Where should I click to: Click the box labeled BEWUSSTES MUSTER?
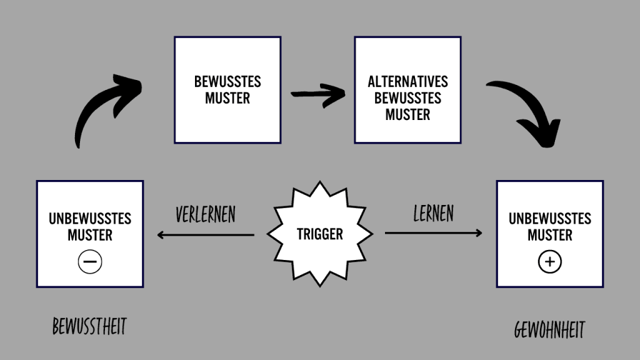click(x=227, y=89)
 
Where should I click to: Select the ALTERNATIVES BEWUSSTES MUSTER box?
click(x=407, y=89)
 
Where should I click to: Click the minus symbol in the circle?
click(x=90, y=263)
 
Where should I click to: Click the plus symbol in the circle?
click(x=550, y=263)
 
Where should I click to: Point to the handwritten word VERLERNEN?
click(x=206, y=214)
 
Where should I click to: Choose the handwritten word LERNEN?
click(x=433, y=213)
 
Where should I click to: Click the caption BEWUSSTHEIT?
click(x=89, y=326)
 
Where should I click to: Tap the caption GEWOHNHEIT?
click(x=550, y=330)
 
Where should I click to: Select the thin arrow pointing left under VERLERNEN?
click(x=206, y=235)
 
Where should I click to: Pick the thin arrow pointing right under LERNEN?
click(x=433, y=233)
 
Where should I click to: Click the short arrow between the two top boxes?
click(x=318, y=95)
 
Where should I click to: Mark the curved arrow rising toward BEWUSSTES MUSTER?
click(x=103, y=106)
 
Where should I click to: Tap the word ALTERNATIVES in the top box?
click(x=407, y=82)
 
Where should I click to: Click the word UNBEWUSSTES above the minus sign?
click(x=90, y=219)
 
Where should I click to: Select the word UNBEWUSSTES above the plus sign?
click(x=550, y=219)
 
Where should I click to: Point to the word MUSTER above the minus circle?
click(x=90, y=236)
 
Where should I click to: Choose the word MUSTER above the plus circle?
click(x=550, y=236)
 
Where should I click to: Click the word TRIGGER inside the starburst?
click(x=320, y=234)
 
